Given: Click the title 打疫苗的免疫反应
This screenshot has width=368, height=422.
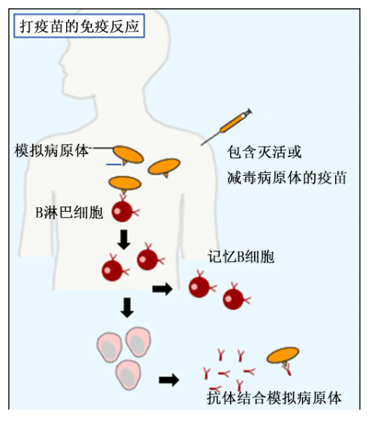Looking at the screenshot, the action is tap(79, 26).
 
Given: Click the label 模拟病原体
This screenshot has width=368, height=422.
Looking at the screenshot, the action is tap(52, 150).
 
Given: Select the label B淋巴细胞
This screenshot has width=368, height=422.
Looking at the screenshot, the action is tap(69, 212).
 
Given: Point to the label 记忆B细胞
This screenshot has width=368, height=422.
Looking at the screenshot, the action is tap(241, 257).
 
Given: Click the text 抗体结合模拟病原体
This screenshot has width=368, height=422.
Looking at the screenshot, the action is tap(274, 398).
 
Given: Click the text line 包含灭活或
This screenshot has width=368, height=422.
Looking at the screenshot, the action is tap(265, 152).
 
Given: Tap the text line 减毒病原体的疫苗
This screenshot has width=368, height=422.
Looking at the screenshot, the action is tap(286, 177).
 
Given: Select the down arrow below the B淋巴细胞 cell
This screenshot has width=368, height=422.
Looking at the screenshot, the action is tap(124, 239).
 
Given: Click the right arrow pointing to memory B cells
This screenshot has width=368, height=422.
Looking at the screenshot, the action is tap(163, 289).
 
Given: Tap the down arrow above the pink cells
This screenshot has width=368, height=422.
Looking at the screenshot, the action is tap(127, 308).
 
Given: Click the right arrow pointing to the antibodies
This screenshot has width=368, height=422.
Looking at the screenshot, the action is tap(169, 380).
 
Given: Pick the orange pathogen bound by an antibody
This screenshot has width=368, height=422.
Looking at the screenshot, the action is tap(283, 355).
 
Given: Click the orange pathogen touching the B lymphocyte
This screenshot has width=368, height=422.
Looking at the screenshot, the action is tap(125, 183).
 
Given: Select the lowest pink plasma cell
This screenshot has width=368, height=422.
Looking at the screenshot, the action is tap(128, 375).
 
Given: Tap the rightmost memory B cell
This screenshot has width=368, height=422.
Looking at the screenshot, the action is tap(235, 297).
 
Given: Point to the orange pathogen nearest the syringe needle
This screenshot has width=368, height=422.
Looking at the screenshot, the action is tap(164, 167).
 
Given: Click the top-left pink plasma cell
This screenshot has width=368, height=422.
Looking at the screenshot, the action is tap(109, 347).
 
